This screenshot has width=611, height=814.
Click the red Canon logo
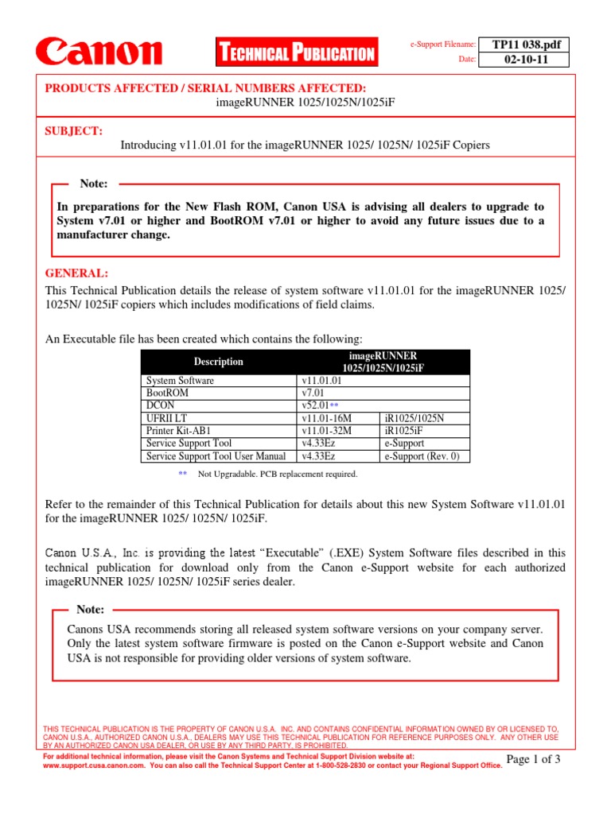coord(99,52)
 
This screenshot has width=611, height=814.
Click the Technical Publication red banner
coord(296,53)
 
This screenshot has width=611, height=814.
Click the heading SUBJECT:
coord(73,130)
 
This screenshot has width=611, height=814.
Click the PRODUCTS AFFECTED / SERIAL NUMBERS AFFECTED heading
coord(205,87)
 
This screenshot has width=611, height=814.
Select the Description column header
coord(218,362)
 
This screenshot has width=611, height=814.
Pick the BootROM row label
coord(168,393)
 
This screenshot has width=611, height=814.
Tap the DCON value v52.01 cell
coord(318,405)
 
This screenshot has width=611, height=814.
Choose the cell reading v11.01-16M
coord(326,418)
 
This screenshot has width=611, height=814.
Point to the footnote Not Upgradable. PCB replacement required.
coord(278,475)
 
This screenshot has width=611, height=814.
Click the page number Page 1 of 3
coord(533,760)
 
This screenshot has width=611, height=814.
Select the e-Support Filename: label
coord(443,45)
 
